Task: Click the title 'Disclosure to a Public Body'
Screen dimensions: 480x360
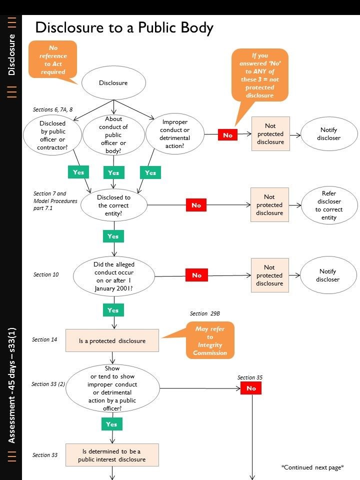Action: pos(124,27)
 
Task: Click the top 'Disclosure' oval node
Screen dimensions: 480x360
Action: pos(113,83)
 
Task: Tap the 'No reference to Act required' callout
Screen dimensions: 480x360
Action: pos(52,59)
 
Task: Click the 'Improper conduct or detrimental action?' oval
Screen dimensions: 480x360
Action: pos(175,134)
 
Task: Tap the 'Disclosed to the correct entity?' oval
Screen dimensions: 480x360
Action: pos(113,205)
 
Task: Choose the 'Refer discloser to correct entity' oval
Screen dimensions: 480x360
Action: pos(329,205)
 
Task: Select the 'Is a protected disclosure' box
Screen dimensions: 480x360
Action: pos(112,340)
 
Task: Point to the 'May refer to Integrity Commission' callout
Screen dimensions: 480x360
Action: pos(210,341)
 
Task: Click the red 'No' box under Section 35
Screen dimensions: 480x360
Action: pos(251,388)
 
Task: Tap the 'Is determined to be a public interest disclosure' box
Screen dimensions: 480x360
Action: pos(112,455)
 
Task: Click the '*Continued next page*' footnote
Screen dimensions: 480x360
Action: pos(312,467)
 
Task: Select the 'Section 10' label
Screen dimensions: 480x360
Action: pos(46,274)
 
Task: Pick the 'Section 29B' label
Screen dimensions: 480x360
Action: pos(205,313)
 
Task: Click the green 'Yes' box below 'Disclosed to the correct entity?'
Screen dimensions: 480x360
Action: pos(113,236)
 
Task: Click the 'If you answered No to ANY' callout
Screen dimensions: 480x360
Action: pos(260,75)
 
